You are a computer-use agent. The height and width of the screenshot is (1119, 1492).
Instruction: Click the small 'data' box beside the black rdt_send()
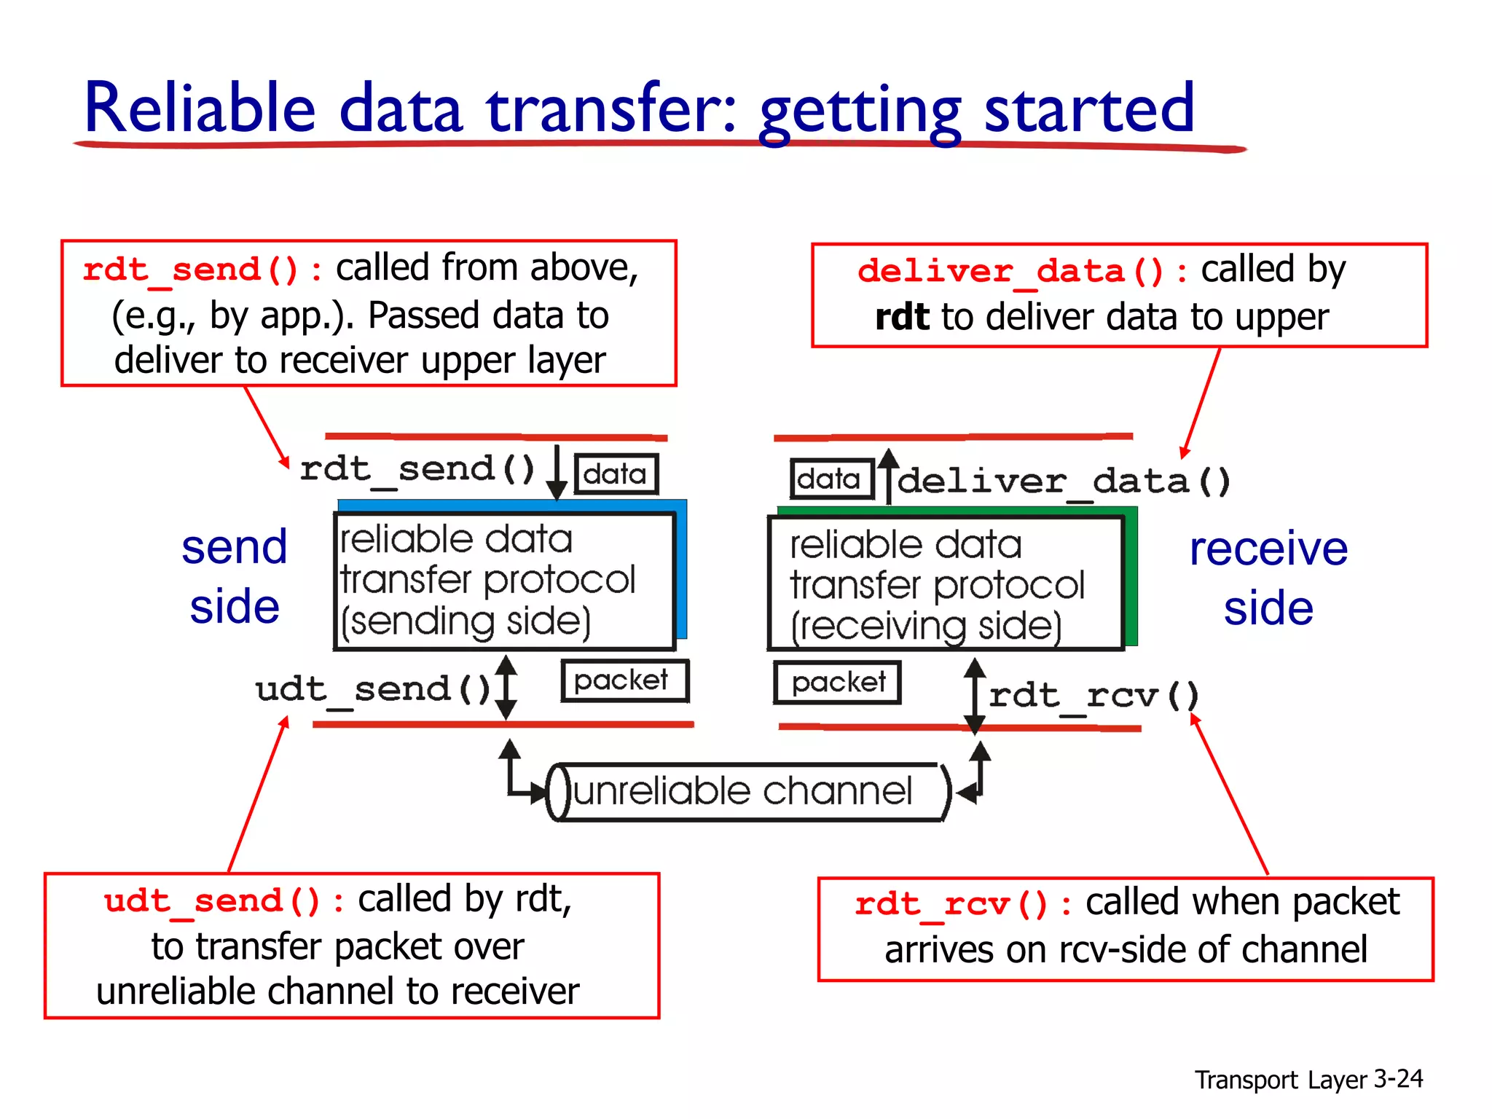(616, 474)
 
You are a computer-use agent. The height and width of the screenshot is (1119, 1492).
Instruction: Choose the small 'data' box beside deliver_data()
(831, 479)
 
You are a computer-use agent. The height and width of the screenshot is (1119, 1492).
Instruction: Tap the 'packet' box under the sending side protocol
(624, 680)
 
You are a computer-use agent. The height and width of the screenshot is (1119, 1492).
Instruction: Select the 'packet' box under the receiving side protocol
(837, 683)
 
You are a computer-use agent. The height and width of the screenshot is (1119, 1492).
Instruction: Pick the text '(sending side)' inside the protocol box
(466, 621)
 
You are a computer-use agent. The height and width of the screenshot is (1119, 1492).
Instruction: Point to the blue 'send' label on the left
(235, 547)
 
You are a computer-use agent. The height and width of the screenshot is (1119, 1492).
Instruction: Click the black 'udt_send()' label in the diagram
(373, 689)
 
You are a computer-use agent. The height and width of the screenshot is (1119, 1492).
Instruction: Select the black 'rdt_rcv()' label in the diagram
(1093, 695)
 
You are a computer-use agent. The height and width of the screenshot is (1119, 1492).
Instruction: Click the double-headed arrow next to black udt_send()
(506, 687)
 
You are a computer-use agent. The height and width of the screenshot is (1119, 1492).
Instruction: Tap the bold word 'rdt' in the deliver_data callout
(902, 318)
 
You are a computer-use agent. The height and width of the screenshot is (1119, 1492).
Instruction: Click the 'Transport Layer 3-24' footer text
(1308, 1079)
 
